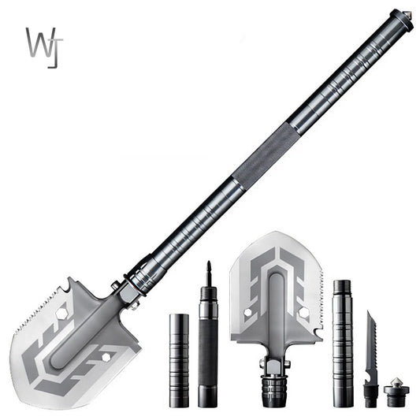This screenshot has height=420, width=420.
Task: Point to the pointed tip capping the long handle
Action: [x=407, y=13]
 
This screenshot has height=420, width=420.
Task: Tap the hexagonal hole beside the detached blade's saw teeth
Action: [x=299, y=314]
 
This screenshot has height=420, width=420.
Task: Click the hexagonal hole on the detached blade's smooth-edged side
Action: [x=247, y=314]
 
